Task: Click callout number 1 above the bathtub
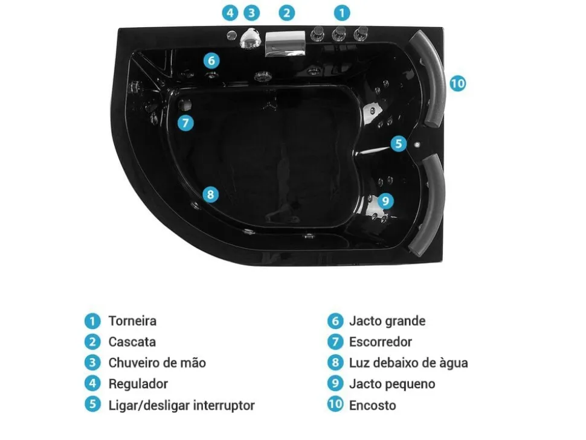point(341,12)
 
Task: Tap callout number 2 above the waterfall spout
point(287,12)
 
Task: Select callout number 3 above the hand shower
point(251,12)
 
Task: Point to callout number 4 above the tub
point(230,12)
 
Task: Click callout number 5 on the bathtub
point(398,144)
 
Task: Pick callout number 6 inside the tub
point(210,60)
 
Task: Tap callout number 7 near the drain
point(185,123)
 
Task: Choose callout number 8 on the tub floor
point(210,194)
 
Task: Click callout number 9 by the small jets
point(385,201)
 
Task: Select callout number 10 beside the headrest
point(458,83)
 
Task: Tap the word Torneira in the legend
point(132,321)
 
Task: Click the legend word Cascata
point(132,342)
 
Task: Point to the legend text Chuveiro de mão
point(157,363)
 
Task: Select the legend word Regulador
point(138,384)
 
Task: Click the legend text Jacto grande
point(387,321)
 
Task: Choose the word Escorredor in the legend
point(381,342)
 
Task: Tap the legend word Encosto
point(372,405)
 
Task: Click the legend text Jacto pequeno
point(392,384)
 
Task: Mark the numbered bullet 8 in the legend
point(335,363)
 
